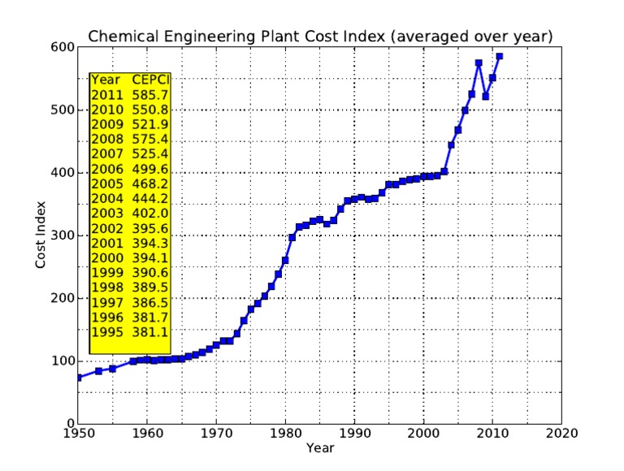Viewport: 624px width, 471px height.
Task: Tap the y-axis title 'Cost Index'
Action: tap(40, 235)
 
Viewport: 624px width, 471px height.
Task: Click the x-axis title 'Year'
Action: tap(319, 447)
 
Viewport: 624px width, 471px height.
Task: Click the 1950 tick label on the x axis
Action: tap(78, 434)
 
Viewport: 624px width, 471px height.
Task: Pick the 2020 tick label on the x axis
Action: tap(561, 434)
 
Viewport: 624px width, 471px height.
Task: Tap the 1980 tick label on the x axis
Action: tap(285, 434)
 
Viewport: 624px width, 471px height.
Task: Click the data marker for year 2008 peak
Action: tap(479, 63)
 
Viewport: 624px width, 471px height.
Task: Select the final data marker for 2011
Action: tap(500, 56)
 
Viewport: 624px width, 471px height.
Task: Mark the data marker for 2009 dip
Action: tap(486, 96)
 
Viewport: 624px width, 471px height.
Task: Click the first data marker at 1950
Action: tap(78, 378)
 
